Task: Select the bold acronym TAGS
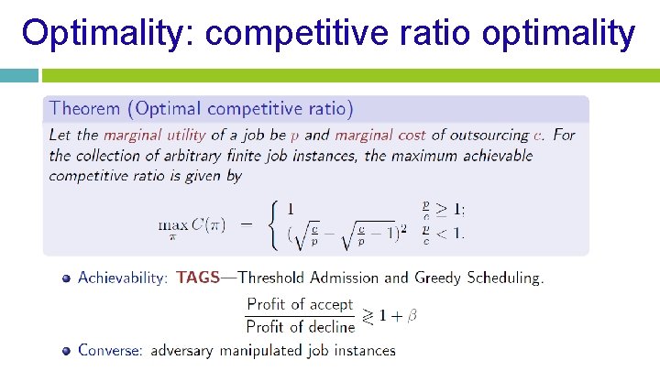click(x=197, y=278)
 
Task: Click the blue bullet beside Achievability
click(x=66, y=278)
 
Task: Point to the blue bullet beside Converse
click(x=66, y=350)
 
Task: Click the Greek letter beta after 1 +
click(x=412, y=315)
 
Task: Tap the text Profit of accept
click(x=300, y=304)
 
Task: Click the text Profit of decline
click(x=300, y=326)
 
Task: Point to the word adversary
click(x=185, y=350)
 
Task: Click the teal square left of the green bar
click(x=19, y=75)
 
